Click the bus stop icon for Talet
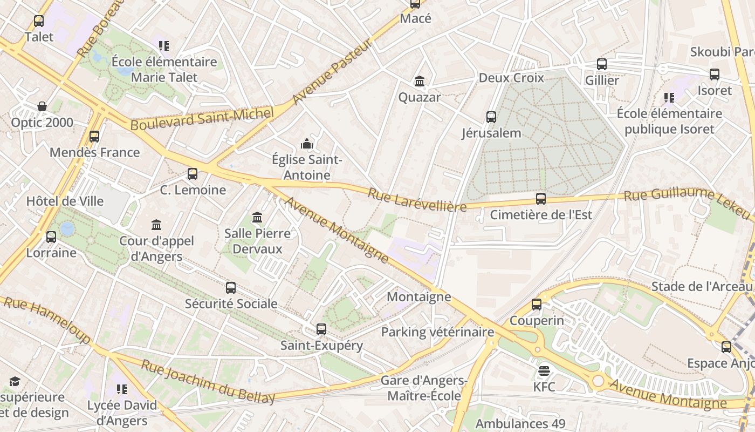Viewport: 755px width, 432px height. pyautogui.click(x=39, y=21)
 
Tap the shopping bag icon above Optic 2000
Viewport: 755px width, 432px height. pyautogui.click(x=42, y=106)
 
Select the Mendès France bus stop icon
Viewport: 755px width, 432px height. pyautogui.click(x=94, y=137)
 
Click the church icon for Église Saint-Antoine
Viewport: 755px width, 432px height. pyautogui.click(x=307, y=144)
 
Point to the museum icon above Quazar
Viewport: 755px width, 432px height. pyautogui.click(x=420, y=82)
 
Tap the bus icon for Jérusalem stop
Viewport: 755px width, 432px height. pyautogui.click(x=491, y=117)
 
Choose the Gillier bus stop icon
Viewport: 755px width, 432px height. pyautogui.click(x=602, y=64)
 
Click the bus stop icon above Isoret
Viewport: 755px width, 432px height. pyautogui.click(x=715, y=75)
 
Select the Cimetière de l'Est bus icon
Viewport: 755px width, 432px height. pyautogui.click(x=541, y=199)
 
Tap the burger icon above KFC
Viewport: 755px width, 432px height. pyautogui.click(x=544, y=371)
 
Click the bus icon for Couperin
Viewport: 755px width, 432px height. pyautogui.click(x=537, y=305)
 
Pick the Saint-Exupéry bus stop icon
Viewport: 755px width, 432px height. pyautogui.click(x=321, y=329)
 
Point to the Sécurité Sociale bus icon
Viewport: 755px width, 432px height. pyautogui.click(x=231, y=288)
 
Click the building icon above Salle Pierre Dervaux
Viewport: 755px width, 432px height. pyautogui.click(x=257, y=218)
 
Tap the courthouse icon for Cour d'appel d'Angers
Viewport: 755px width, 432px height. pyautogui.click(x=156, y=225)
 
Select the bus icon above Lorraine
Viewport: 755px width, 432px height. pyautogui.click(x=51, y=237)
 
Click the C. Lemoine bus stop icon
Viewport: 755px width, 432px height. pyautogui.click(x=193, y=174)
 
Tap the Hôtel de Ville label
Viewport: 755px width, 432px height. pyautogui.click(x=65, y=201)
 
